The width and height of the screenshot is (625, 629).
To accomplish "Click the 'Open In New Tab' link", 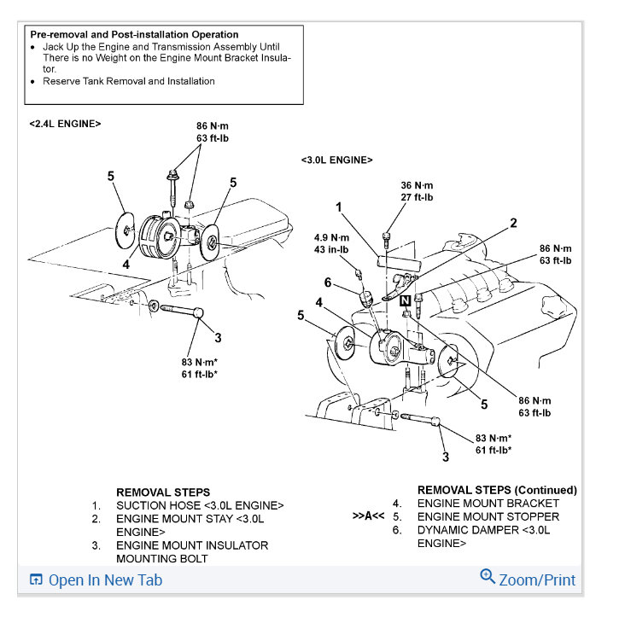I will [104, 580].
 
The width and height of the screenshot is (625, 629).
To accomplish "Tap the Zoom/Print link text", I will [536, 580].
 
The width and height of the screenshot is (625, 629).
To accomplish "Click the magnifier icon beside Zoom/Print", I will [488, 577].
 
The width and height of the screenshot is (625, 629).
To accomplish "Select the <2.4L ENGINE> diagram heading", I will [65, 124].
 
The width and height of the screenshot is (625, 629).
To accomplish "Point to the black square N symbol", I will [406, 300].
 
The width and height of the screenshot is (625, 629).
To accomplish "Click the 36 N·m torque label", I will [417, 185].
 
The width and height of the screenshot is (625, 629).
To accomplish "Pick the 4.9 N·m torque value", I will [331, 237].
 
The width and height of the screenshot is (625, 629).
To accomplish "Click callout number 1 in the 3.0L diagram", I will [339, 207].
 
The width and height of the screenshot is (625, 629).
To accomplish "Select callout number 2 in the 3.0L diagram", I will [513, 223].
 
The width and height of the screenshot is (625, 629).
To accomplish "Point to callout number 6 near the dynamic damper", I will [327, 282].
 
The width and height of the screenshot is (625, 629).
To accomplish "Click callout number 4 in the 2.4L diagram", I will [126, 265].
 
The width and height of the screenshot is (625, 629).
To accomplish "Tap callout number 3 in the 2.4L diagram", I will [218, 338].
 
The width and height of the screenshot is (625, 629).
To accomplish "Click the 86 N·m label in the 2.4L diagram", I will [213, 126].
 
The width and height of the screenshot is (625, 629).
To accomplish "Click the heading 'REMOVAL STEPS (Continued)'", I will [497, 490].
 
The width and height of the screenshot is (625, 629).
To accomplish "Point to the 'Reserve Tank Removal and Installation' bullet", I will [129, 81].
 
